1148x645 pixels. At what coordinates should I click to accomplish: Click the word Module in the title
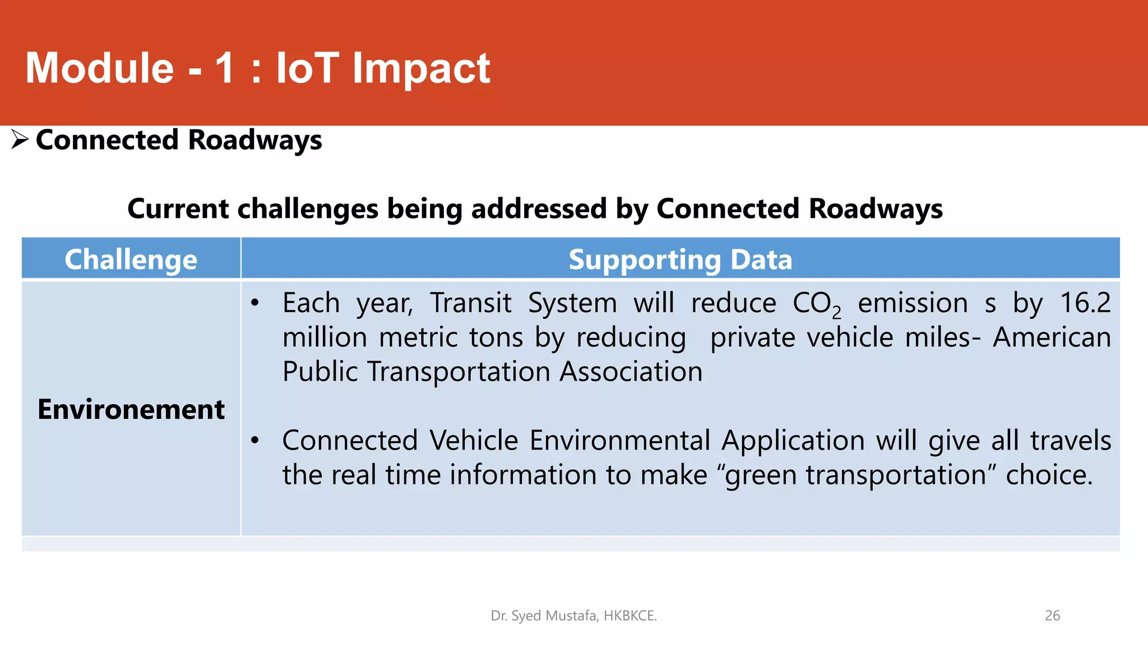[100, 68]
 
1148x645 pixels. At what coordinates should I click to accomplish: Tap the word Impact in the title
[421, 68]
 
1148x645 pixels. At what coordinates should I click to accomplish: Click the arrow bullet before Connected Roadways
[20, 139]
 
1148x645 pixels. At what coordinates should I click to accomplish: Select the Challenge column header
[131, 259]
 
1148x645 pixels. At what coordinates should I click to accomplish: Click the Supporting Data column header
[680, 259]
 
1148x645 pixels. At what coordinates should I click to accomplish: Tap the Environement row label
[131, 409]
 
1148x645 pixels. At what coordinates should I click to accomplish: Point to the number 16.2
[1085, 303]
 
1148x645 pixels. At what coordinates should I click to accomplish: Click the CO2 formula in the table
[816, 304]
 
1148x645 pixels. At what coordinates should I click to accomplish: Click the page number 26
[1052, 615]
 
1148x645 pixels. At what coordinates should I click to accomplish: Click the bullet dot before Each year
[255, 303]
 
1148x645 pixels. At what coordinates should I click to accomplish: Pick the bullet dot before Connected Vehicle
[255, 441]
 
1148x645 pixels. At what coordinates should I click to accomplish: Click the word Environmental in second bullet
[620, 441]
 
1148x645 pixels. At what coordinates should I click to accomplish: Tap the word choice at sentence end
[1049, 475]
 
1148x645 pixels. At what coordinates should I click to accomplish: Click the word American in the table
[1052, 338]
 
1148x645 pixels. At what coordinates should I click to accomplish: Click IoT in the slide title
[307, 68]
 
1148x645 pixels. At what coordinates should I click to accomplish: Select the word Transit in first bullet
[471, 303]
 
